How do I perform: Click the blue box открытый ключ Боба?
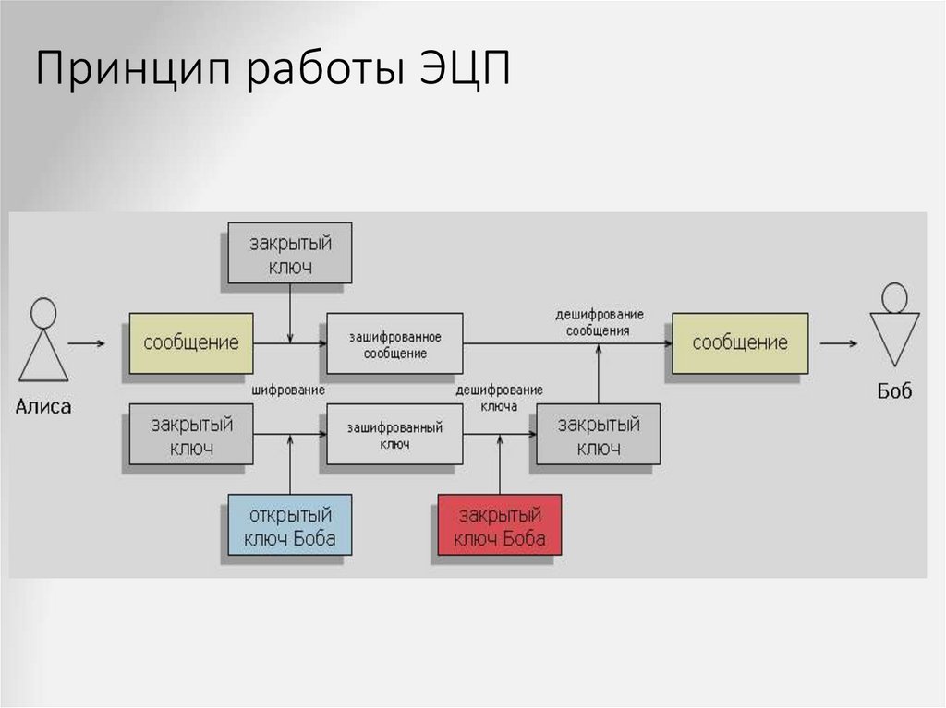pos(289,526)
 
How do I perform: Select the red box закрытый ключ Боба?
pos(500,526)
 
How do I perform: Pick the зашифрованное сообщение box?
pos(394,343)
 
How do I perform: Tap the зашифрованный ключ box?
pos(394,436)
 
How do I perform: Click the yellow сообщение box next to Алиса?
pos(191,343)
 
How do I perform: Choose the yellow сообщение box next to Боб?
pos(740,343)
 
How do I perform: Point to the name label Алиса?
pos(43,406)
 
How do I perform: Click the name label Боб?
pos(893,391)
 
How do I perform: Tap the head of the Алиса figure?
pos(42,312)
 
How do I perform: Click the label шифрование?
pos(288,390)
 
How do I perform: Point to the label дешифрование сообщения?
pos(599,321)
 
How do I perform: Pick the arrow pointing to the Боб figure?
pos(838,343)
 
